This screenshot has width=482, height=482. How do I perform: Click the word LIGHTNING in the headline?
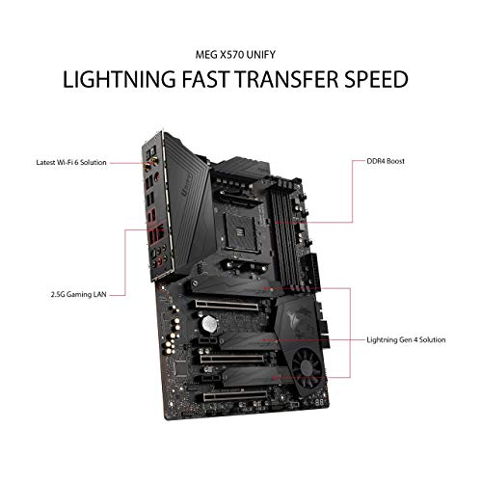tap(120, 79)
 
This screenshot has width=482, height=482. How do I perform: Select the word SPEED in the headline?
tap(376, 79)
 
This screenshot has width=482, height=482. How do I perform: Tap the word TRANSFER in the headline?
tap(286, 79)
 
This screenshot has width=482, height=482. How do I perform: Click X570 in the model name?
tap(227, 55)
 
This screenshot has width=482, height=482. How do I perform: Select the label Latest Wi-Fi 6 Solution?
tap(71, 162)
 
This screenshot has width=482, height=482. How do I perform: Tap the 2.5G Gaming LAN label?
tap(78, 294)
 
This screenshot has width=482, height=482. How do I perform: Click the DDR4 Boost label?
tap(386, 161)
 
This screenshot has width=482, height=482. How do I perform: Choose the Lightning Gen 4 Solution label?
tap(406, 339)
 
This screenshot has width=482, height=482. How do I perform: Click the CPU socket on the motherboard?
tap(241, 233)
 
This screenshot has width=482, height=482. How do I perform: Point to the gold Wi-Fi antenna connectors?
tap(150, 163)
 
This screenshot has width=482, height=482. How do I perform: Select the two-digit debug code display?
tap(319, 402)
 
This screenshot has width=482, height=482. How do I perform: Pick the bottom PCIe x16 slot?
tap(235, 396)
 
